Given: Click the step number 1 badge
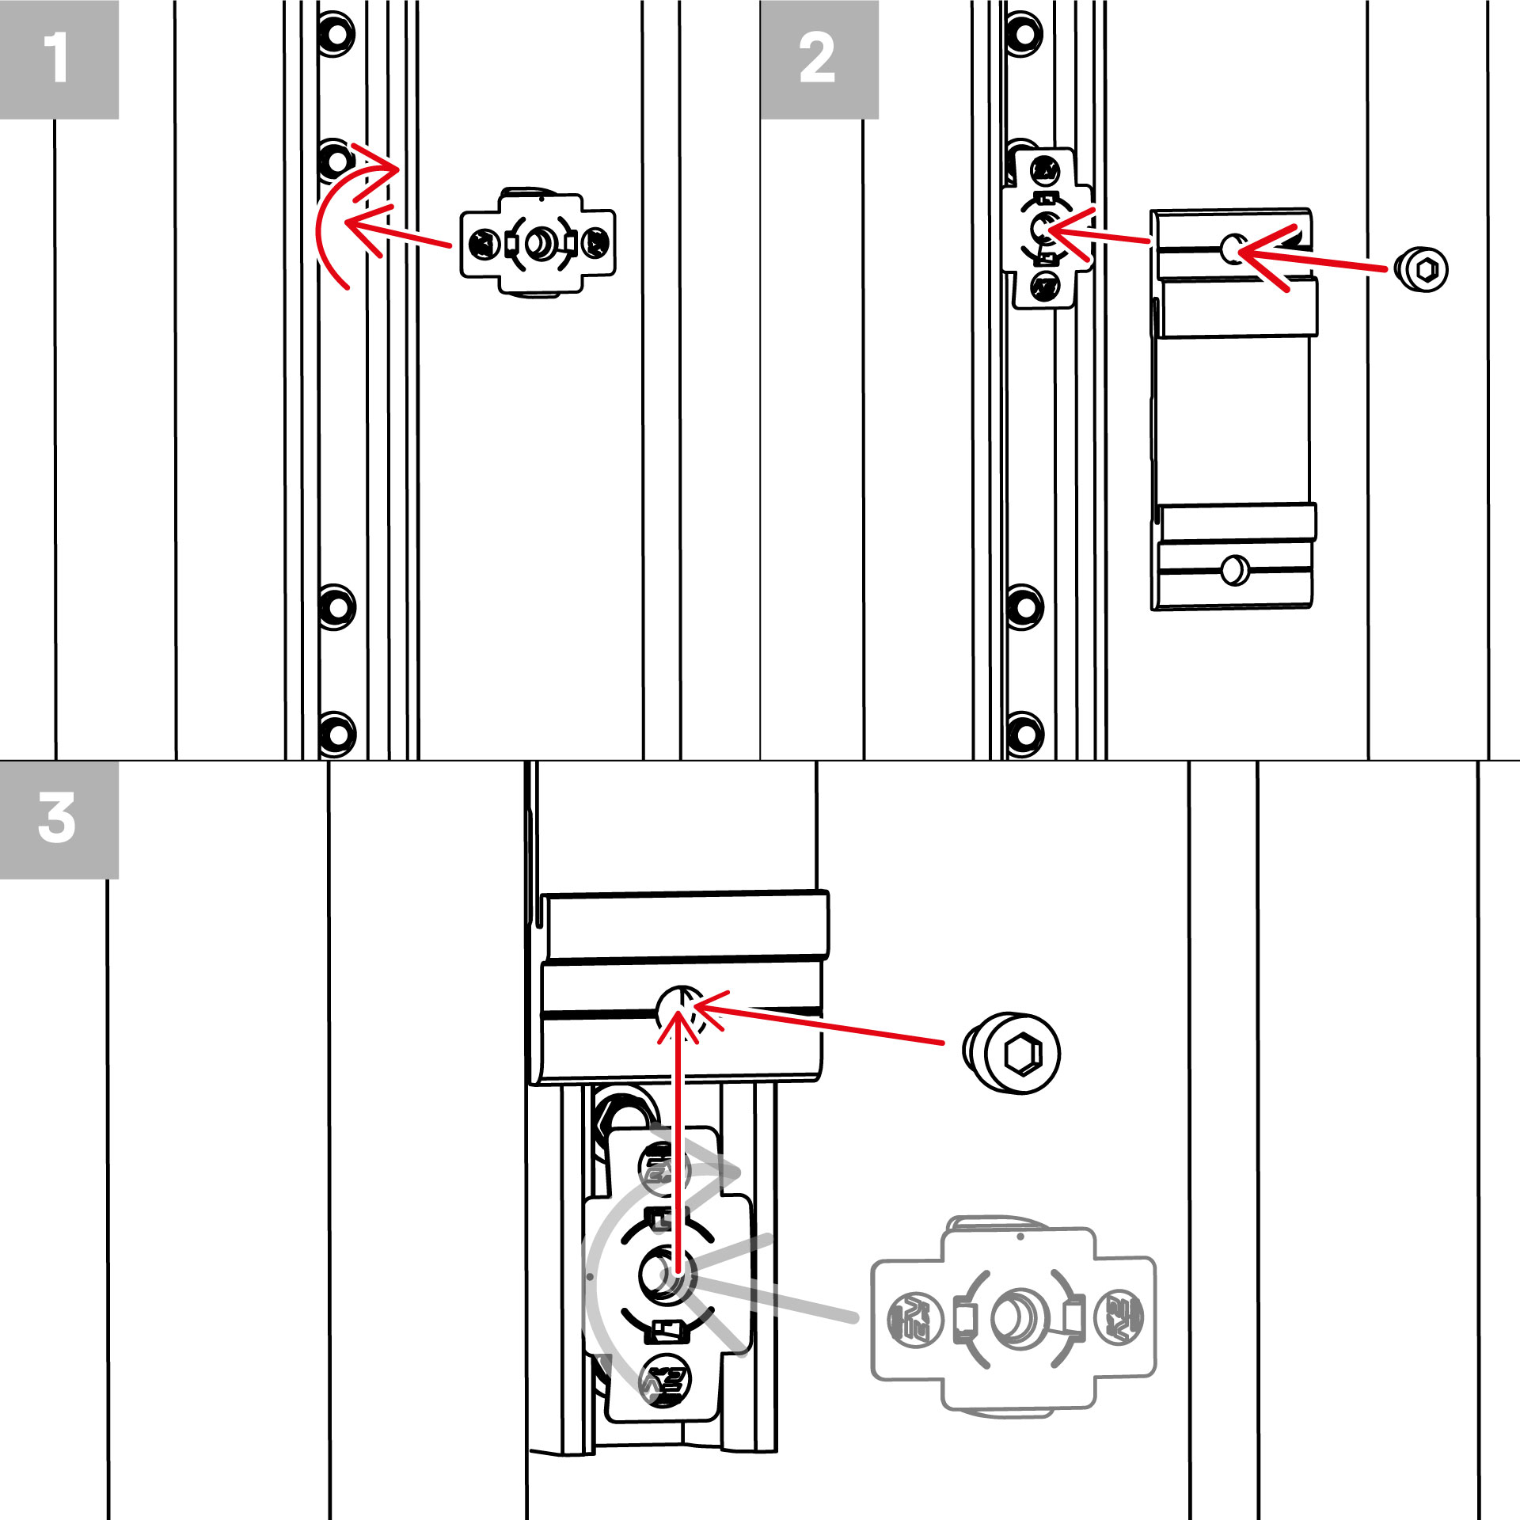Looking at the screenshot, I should pos(59,59).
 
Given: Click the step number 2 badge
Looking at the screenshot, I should pos(819,59).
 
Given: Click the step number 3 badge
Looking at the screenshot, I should pos(59,819).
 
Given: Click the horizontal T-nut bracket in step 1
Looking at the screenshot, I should pos(538,242).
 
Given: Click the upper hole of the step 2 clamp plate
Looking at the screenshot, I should pos(1233,249).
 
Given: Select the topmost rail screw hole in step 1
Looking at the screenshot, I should pos(336,34).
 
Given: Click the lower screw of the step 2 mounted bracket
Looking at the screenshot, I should pos(1046,285).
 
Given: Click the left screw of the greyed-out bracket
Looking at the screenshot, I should pos(914,1318).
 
